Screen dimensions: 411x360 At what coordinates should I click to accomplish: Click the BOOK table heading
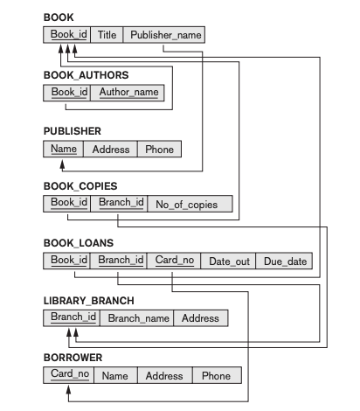[59, 17]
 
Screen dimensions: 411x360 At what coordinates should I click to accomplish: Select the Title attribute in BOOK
[106, 35]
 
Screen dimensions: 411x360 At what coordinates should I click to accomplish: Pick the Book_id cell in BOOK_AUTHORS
[67, 92]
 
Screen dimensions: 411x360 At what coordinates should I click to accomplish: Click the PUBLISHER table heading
[72, 131]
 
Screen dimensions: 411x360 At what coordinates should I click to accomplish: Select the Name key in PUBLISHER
[63, 149]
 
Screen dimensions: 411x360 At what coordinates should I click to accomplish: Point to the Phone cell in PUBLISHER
[159, 149]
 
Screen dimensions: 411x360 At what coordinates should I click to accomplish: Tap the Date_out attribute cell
[227, 261]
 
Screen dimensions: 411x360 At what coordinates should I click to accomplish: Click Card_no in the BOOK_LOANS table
[174, 261]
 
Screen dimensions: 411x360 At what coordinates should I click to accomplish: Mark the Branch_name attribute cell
[138, 317]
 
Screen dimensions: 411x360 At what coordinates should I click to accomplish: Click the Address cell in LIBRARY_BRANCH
[201, 317]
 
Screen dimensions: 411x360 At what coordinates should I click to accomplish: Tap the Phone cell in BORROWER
[216, 375]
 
